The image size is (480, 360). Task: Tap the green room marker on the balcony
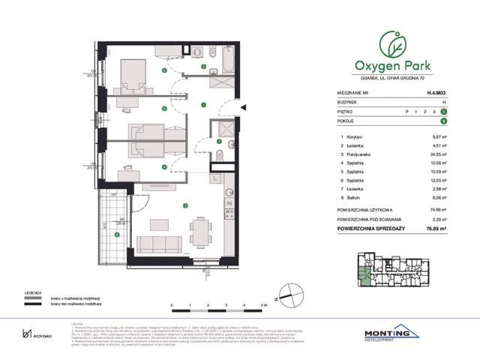(116, 235)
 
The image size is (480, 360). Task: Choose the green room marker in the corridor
(203, 105)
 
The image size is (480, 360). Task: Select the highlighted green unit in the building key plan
(365, 278)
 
